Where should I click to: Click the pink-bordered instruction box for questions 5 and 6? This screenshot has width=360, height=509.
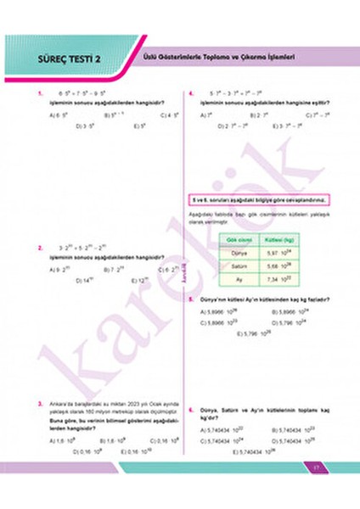tap(259, 200)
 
